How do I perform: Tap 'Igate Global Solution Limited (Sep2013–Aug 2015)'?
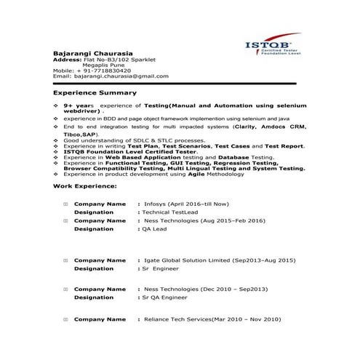coord(218,260)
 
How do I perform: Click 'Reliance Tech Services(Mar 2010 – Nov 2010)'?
coord(211,319)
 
